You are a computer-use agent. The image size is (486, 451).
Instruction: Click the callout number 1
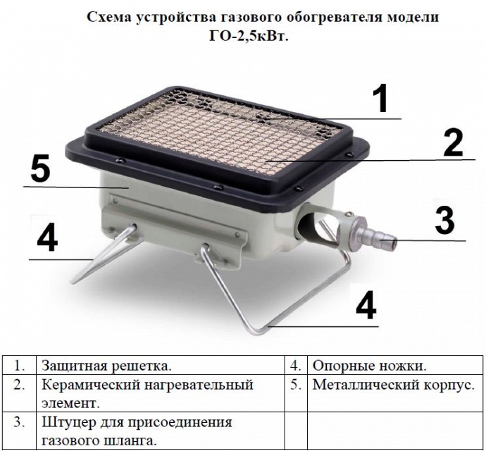point(380,99)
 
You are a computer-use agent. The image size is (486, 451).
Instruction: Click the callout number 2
point(453,142)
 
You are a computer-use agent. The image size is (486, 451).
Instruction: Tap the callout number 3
point(444,221)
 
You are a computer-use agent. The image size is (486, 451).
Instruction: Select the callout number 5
point(40,170)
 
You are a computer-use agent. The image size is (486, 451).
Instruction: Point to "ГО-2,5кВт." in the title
point(249,37)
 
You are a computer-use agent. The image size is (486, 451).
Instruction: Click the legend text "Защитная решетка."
point(106,366)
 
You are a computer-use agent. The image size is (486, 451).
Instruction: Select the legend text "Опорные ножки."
point(370,366)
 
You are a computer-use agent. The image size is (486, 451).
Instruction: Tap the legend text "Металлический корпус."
point(394,385)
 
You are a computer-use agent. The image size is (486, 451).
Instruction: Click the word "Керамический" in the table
point(90,385)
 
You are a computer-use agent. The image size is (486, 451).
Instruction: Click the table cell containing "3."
point(19,431)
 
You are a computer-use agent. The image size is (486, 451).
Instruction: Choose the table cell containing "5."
point(296,393)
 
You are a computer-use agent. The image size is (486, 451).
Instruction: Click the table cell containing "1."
point(19,366)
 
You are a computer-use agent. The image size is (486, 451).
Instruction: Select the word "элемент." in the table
point(70,404)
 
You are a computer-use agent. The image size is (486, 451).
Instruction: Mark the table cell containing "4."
point(296,366)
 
